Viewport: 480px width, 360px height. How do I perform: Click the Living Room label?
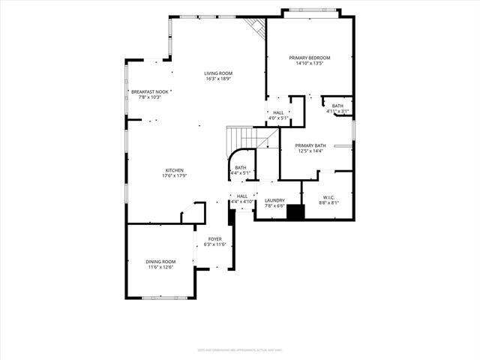click(x=218, y=73)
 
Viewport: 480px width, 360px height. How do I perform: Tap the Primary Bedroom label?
click(x=310, y=58)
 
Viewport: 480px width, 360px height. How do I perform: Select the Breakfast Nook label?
click(x=146, y=91)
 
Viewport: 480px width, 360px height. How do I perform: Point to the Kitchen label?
click(x=175, y=170)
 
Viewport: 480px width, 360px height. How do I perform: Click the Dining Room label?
click(x=160, y=262)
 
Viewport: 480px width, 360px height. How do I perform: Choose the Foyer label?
click(x=215, y=238)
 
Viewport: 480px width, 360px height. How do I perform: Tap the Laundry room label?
click(x=274, y=200)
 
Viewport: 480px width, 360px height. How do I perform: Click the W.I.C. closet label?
click(x=327, y=198)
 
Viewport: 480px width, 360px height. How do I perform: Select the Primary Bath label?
click(x=310, y=145)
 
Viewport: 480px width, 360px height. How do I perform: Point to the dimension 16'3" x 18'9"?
click(x=218, y=79)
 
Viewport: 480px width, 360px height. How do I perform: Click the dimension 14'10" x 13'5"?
click(x=310, y=64)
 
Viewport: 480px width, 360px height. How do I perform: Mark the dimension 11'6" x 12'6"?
click(x=160, y=267)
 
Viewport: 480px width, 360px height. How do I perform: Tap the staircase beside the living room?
click(x=241, y=139)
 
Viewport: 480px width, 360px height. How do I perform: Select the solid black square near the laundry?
click(x=296, y=212)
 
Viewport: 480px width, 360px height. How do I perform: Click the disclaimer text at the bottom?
click(x=240, y=349)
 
